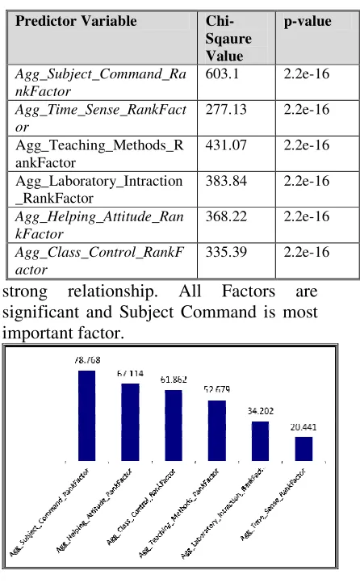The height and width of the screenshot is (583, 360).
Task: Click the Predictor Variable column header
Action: tap(76, 21)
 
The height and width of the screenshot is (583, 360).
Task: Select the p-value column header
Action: tap(308, 22)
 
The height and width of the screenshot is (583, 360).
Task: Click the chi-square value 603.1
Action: tap(222, 73)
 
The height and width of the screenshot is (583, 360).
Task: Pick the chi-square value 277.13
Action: tap(226, 109)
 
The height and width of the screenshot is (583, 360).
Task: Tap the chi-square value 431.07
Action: tap(226, 145)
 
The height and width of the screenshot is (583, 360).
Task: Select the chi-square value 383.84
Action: tap(226, 181)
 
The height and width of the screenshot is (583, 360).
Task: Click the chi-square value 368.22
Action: tap(226, 216)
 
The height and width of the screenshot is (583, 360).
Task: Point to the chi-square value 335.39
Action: tap(226, 252)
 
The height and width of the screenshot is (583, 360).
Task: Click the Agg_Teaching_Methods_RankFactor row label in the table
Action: tap(99, 153)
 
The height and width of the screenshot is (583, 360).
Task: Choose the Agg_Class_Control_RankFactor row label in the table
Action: tap(99, 261)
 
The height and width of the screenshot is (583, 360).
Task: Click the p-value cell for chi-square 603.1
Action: tap(307, 73)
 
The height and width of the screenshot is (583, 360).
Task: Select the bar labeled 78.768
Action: tap(86, 416)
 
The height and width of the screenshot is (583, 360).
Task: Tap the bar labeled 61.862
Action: tap(174, 426)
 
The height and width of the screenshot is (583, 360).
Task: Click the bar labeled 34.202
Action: tap(260, 442)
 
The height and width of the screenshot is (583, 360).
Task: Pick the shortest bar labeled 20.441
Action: tap(303, 449)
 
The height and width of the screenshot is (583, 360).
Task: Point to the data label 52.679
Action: tap(217, 389)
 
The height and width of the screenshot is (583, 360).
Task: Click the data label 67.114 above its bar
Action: tap(130, 373)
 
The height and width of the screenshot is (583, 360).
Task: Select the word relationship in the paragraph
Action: tap(112, 291)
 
